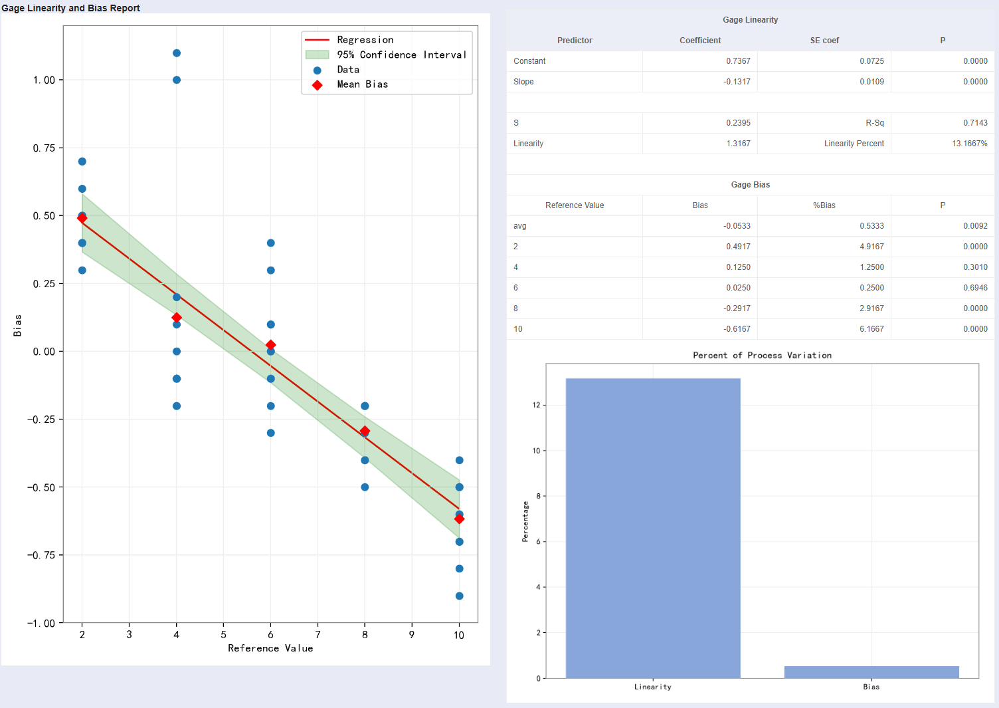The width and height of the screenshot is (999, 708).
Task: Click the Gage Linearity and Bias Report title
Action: point(70,8)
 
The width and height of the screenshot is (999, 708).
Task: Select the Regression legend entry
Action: point(365,40)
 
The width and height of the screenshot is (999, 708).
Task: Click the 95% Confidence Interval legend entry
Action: point(401,55)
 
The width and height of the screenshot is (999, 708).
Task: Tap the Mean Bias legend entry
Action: point(362,84)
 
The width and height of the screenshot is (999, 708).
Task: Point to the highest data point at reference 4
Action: point(177,53)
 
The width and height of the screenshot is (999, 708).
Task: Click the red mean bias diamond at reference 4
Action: point(177,318)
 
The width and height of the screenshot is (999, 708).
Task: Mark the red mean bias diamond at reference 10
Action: point(459,519)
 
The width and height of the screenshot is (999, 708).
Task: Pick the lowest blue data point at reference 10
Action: point(459,596)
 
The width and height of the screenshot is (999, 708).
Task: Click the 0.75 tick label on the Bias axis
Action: point(44,148)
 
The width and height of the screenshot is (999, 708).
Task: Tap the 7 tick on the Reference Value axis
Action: point(318,635)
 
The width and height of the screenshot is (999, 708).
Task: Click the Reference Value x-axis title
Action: point(270,648)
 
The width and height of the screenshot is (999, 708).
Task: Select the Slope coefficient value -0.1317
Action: point(737,82)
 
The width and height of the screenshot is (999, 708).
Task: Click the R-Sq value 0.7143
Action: point(975,123)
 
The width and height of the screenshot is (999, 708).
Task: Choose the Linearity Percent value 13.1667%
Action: point(969,144)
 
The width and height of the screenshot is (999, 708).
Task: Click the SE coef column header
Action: point(824,41)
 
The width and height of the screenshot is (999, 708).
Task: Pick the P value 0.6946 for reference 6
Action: point(975,288)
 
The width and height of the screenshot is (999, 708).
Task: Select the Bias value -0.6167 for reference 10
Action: point(737,329)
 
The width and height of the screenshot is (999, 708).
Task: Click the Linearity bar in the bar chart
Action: point(653,529)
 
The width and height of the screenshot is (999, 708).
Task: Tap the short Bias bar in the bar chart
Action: point(871,672)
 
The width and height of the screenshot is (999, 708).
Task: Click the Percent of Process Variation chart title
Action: point(762,356)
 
